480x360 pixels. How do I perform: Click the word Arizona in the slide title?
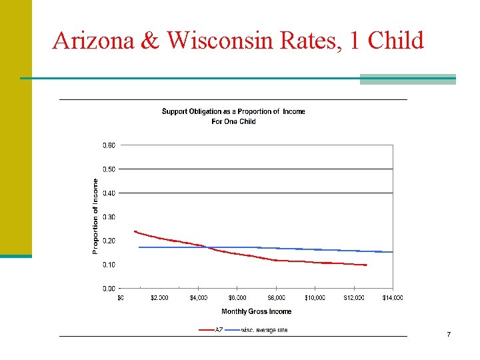pyautogui.click(x=94, y=41)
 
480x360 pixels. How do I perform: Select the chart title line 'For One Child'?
pyautogui.click(x=233, y=121)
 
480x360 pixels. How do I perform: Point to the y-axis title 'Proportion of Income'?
pyautogui.click(x=95, y=215)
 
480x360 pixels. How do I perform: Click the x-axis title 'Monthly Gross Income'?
pyautogui.click(x=256, y=311)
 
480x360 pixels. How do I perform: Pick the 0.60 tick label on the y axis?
pyautogui.click(x=108, y=145)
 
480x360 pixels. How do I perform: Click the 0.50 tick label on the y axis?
pyautogui.click(x=108, y=169)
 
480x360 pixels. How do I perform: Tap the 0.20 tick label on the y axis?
pyautogui.click(x=108, y=241)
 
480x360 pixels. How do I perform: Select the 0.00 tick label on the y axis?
pyautogui.click(x=108, y=289)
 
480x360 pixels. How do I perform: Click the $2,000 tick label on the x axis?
pyautogui.click(x=159, y=298)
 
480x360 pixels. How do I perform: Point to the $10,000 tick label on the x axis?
pyautogui.click(x=315, y=298)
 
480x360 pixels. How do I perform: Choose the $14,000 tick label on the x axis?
pyautogui.click(x=392, y=298)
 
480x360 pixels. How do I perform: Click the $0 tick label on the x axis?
pyautogui.click(x=121, y=298)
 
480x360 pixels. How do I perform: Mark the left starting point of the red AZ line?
pyautogui.click(x=135, y=232)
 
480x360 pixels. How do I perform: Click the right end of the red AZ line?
pyautogui.click(x=365, y=265)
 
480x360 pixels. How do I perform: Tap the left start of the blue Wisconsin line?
pyautogui.click(x=139, y=247)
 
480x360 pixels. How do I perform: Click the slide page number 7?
pyautogui.click(x=449, y=333)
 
